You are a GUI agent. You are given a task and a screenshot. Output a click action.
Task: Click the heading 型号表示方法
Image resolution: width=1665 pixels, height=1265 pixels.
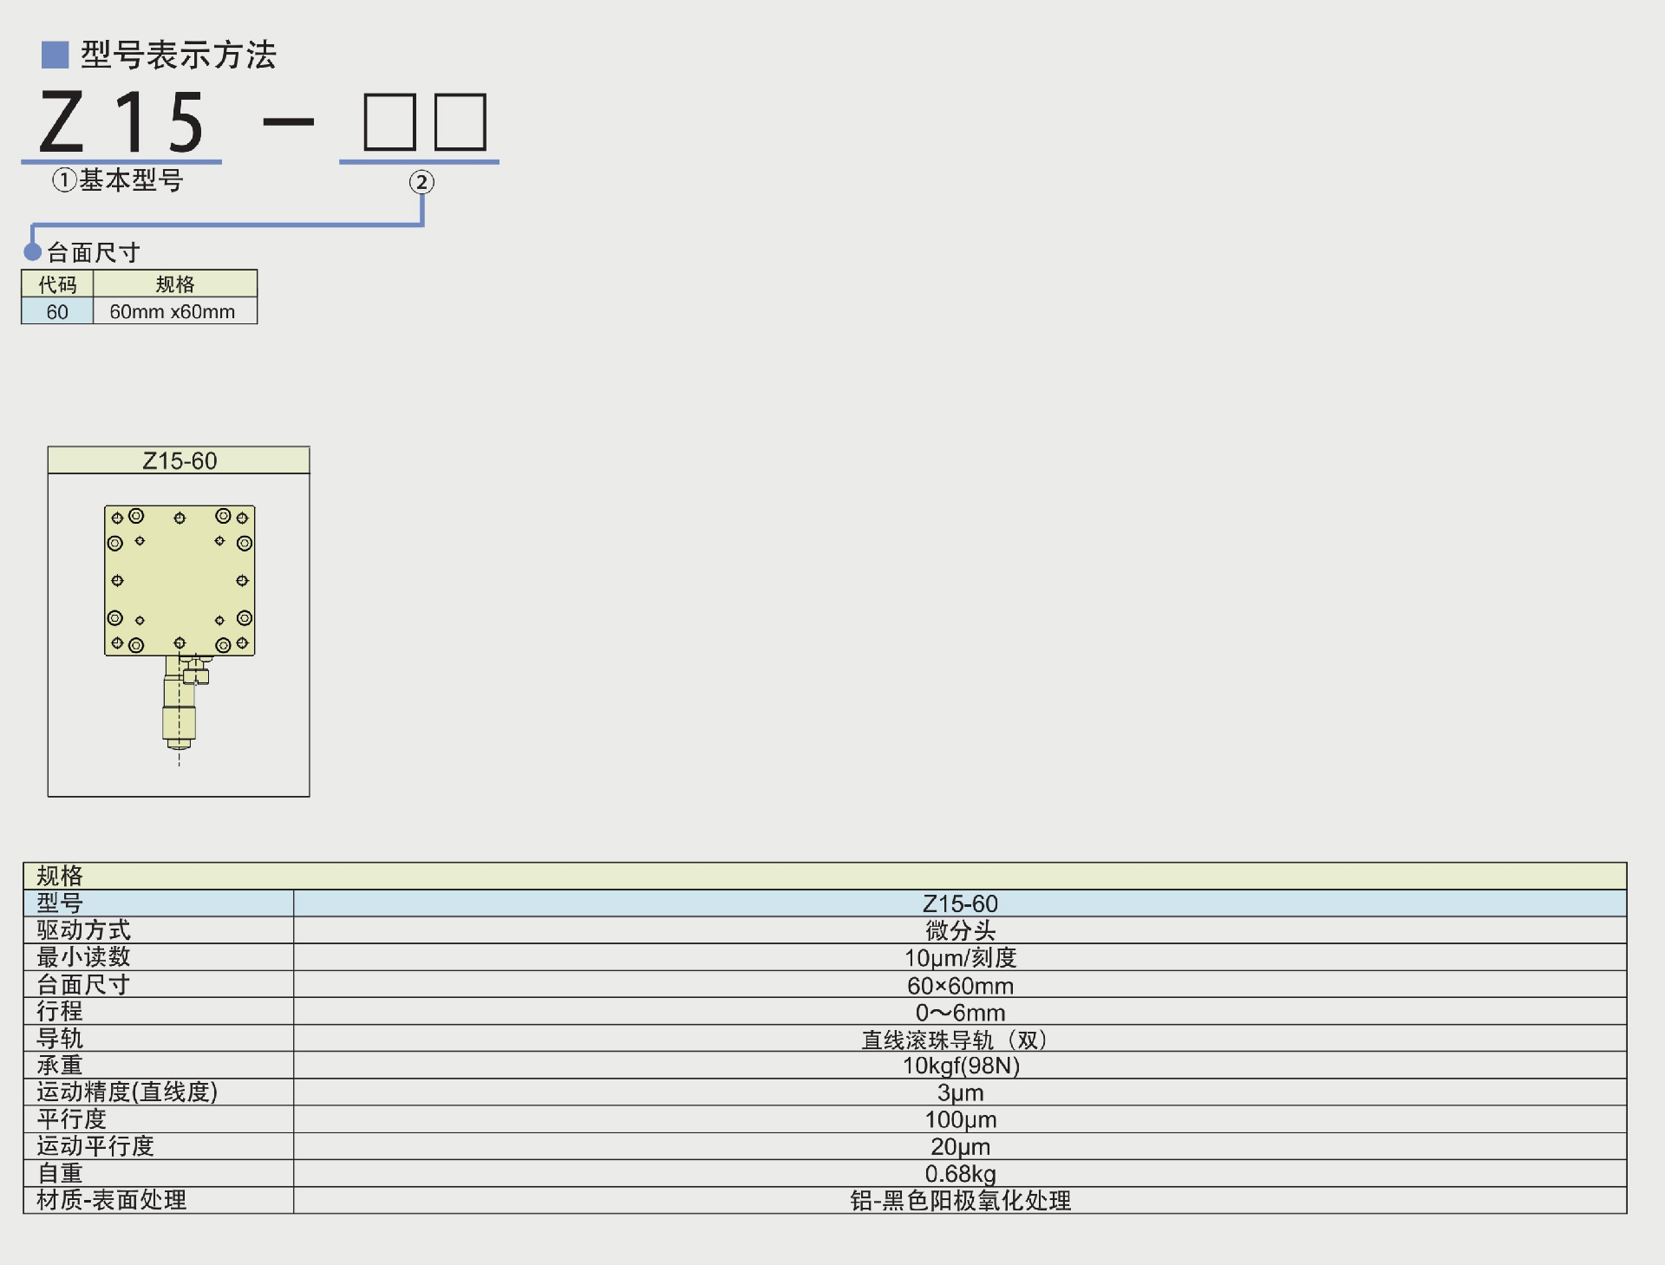178,55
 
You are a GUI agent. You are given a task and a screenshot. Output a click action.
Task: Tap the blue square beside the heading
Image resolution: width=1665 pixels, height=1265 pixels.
55,55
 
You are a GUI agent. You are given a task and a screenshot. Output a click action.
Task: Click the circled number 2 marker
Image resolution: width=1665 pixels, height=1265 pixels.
421,182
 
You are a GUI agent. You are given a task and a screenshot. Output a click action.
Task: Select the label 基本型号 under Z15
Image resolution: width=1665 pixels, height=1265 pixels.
130,180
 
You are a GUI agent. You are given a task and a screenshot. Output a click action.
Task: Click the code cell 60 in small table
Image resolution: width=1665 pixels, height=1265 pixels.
57,312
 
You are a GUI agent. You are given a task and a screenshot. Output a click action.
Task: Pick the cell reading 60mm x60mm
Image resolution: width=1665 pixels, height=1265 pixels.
173,312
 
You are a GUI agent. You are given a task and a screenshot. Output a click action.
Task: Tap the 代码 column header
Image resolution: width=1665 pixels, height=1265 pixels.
57,284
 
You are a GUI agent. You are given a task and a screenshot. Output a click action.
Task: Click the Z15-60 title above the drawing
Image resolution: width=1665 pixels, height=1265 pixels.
180,460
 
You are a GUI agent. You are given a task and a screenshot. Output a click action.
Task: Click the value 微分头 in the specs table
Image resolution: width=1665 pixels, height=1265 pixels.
960,930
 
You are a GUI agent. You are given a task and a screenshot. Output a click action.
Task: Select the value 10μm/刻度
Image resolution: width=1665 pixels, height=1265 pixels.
960,958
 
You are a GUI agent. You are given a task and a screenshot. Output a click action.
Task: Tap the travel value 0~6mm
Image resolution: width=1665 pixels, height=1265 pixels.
960,1013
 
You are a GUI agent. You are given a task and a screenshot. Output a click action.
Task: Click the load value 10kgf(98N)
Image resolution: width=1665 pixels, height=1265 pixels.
960,1066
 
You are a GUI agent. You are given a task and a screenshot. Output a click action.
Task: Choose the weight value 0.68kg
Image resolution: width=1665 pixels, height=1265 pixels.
960,1174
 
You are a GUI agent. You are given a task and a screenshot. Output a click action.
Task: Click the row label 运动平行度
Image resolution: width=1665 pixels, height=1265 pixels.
95,1146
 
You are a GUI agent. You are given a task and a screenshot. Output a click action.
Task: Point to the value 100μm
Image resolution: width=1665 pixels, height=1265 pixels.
960,1119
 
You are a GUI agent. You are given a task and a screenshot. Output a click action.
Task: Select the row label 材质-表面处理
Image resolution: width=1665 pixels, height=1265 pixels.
111,1200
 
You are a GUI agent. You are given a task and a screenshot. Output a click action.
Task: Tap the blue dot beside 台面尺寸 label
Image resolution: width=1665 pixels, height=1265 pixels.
33,252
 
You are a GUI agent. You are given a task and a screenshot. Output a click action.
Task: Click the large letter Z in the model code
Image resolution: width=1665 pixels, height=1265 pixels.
62,122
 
